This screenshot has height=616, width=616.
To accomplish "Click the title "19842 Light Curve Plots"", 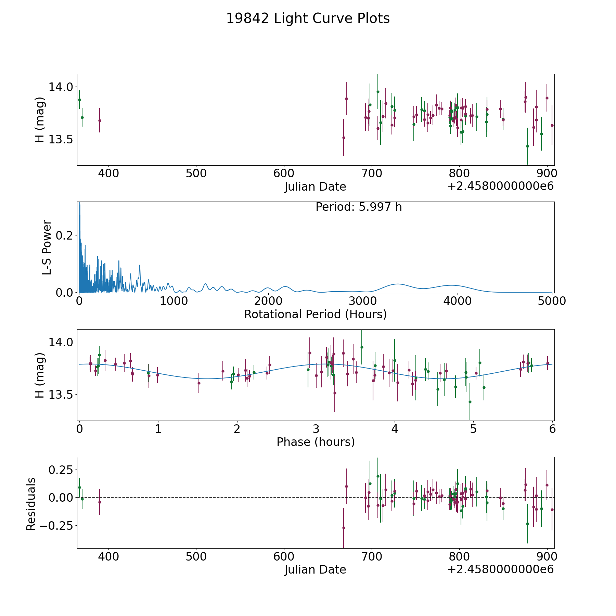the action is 308,18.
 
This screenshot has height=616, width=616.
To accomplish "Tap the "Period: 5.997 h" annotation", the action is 359,207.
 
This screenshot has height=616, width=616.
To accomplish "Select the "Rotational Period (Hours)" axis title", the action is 316,314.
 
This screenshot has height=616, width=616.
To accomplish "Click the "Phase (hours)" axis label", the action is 316,442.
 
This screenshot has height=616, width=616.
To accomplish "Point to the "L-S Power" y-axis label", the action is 47,247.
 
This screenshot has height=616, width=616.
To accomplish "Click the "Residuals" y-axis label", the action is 31,504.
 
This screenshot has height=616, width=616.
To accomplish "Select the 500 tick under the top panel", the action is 196,174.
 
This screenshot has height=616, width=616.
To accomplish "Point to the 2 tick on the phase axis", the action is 237,429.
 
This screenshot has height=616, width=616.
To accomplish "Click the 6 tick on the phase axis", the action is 552,429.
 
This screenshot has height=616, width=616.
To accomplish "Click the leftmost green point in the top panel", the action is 79,100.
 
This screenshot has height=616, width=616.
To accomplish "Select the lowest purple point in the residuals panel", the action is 344,528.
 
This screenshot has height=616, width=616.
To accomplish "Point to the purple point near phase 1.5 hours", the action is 199,383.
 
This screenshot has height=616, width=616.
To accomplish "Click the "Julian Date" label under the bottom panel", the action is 316,570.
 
